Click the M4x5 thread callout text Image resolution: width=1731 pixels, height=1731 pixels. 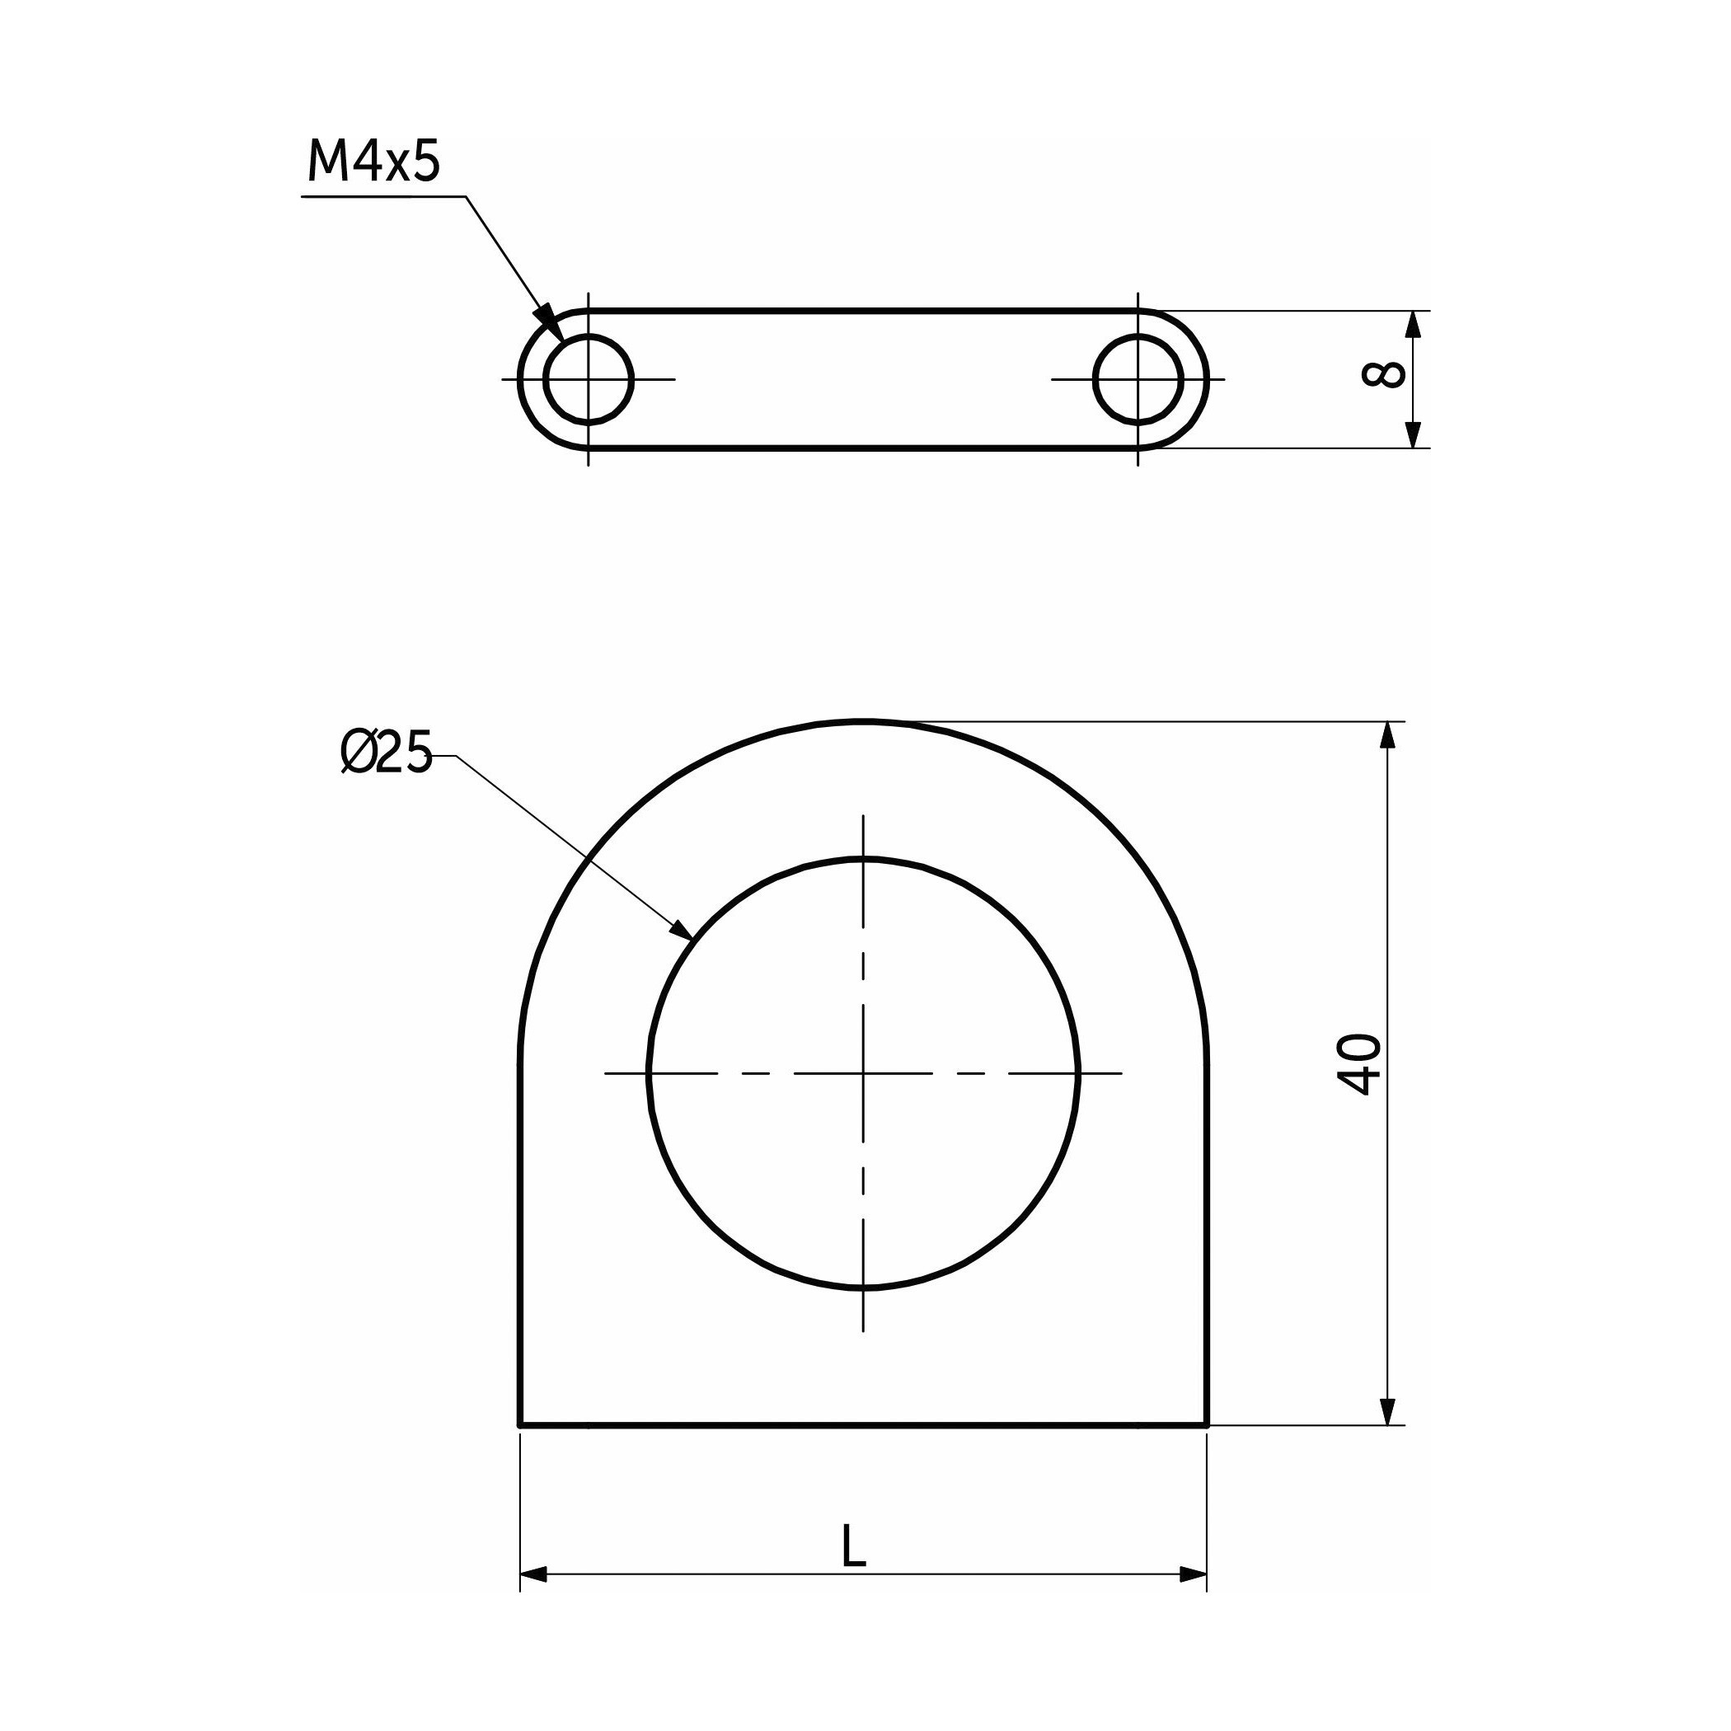click(x=373, y=162)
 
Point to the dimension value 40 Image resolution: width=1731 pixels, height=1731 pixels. click(x=1358, y=1064)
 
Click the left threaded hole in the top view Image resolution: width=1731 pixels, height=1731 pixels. click(x=588, y=379)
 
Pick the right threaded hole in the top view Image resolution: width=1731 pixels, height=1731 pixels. click(x=1138, y=379)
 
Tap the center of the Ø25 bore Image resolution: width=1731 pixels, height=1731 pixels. click(x=863, y=1073)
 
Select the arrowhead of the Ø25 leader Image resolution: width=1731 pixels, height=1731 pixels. click(x=679, y=929)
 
